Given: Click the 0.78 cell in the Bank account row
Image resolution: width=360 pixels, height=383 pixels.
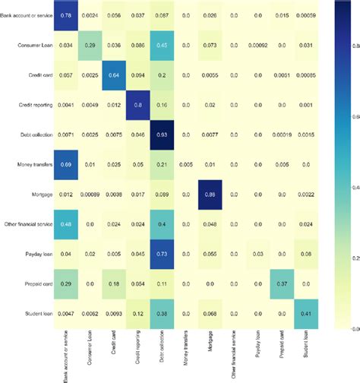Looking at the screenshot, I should click(67, 15).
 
